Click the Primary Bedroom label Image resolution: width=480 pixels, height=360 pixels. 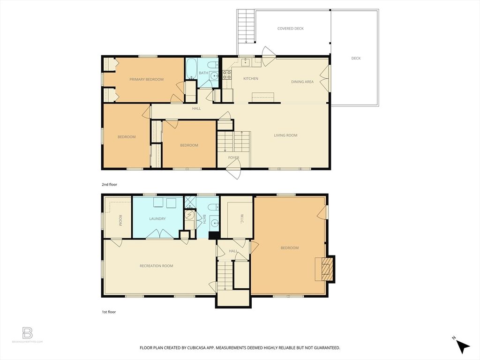pyautogui.click(x=146, y=79)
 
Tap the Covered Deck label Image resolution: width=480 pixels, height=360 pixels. pyautogui.click(x=290, y=29)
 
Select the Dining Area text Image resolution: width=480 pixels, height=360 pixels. pyautogui.click(x=302, y=82)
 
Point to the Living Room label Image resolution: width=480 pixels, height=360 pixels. pyautogui.click(x=285, y=135)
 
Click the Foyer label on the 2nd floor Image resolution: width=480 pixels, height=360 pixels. pyautogui.click(x=233, y=158)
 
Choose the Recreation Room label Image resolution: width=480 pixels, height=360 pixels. pyautogui.click(x=156, y=266)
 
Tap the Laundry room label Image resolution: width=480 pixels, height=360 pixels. pyautogui.click(x=157, y=219)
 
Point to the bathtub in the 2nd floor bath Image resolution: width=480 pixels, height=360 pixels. pyautogui.click(x=191, y=69)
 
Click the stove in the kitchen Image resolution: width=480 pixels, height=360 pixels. pyautogui.click(x=227, y=74)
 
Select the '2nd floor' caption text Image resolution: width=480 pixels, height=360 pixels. pyautogui.click(x=109, y=184)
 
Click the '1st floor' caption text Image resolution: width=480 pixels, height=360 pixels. pyautogui.click(x=109, y=311)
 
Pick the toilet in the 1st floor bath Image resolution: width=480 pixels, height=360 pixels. pyautogui.click(x=211, y=208)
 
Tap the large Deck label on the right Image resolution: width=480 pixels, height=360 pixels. pyautogui.click(x=356, y=59)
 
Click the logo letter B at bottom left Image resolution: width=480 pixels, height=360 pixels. pyautogui.click(x=28, y=333)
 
